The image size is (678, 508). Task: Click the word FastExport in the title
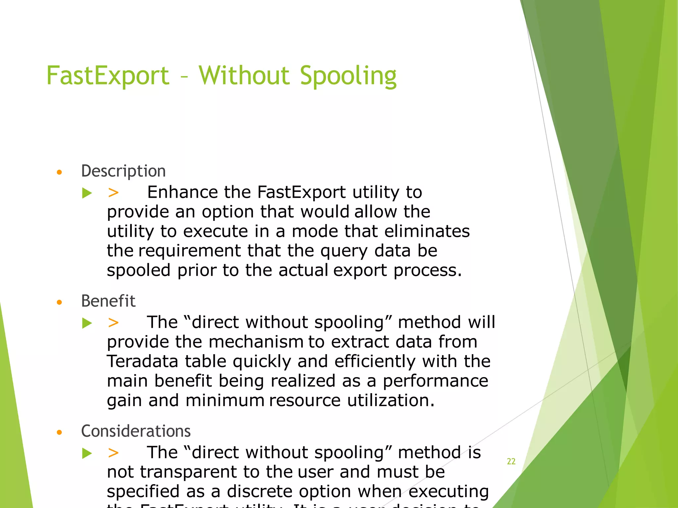click(108, 76)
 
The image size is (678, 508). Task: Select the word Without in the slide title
click(244, 76)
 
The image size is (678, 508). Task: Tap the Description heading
click(123, 171)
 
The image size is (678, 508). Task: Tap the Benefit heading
click(108, 301)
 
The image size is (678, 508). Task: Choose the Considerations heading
click(136, 431)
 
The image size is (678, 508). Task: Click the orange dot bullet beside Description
click(59, 172)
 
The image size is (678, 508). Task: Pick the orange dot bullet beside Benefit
click(59, 302)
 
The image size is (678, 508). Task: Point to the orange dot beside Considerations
click(59, 432)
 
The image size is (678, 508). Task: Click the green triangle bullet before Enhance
click(87, 193)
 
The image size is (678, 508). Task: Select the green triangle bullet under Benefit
click(87, 323)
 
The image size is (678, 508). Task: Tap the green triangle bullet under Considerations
click(87, 453)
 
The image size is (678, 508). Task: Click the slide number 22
click(511, 461)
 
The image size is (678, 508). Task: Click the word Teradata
click(142, 361)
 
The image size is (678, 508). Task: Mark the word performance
click(435, 381)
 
